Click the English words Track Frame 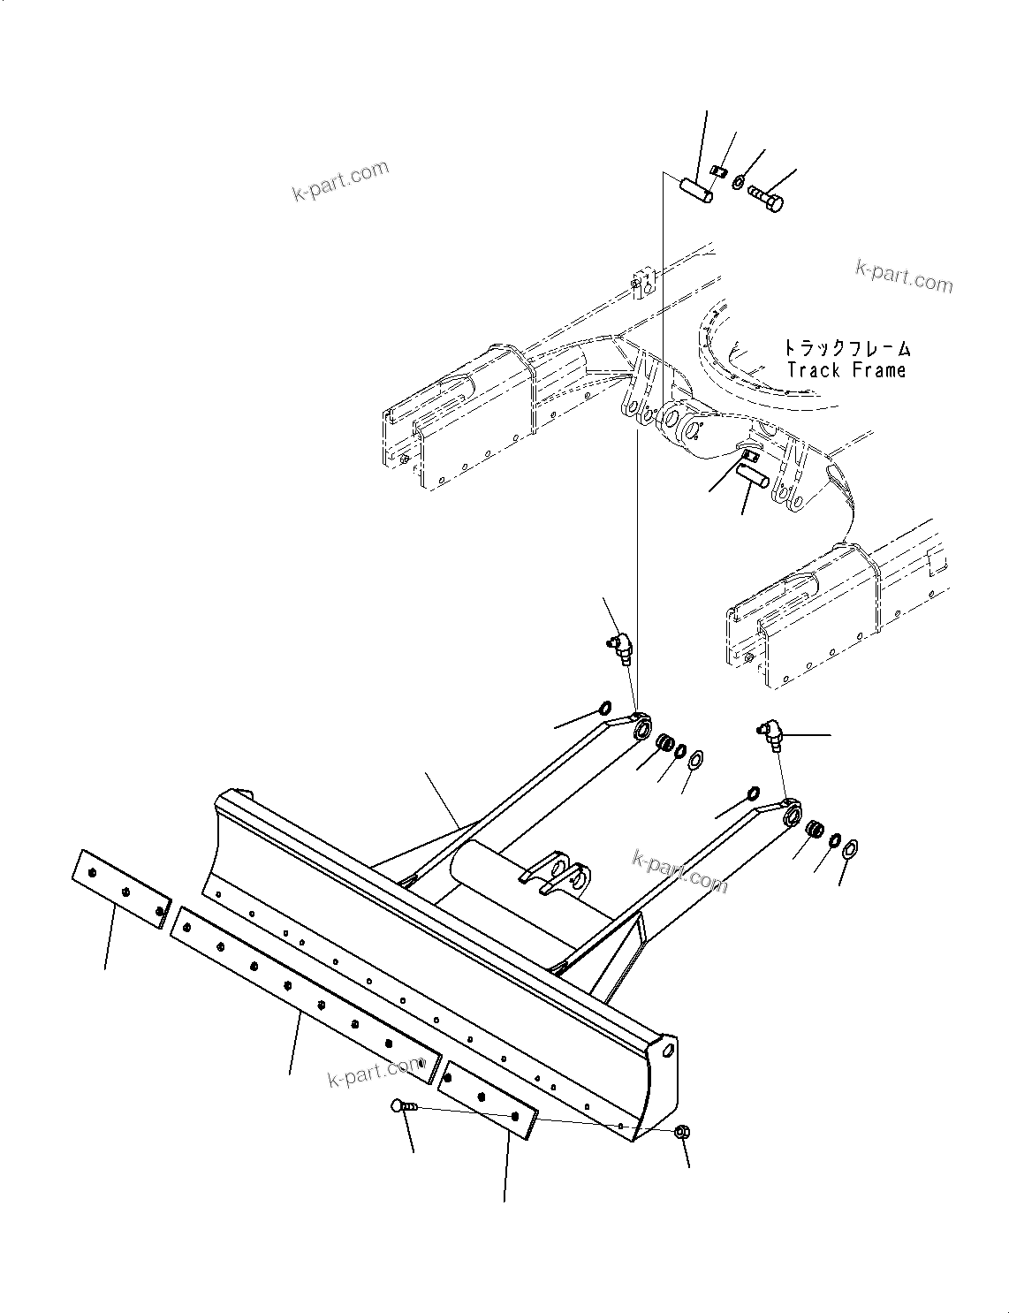(846, 370)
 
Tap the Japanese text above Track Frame (846, 348)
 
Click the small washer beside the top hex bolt (738, 182)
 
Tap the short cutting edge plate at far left (120, 889)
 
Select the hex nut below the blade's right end (681, 1132)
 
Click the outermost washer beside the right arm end (851, 849)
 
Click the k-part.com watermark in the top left (340, 180)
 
